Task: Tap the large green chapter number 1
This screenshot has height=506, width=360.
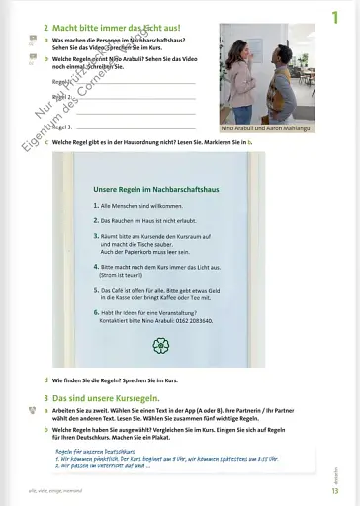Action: pyautogui.click(x=335, y=16)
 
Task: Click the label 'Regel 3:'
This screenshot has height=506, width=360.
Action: pyautogui.click(x=62, y=127)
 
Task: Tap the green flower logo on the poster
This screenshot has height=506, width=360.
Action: pyautogui.click(x=160, y=344)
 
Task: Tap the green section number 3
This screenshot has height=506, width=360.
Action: pyautogui.click(x=45, y=397)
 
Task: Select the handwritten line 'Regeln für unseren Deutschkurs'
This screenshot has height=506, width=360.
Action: pyautogui.click(x=94, y=451)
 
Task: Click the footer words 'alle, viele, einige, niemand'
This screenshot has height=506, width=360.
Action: pyautogui.click(x=59, y=490)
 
